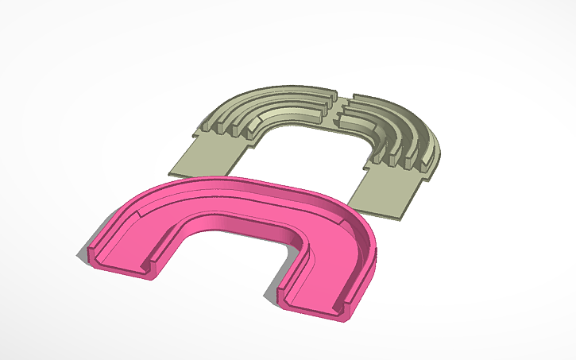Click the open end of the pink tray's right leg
[314, 304]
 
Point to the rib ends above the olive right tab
[401, 163]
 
